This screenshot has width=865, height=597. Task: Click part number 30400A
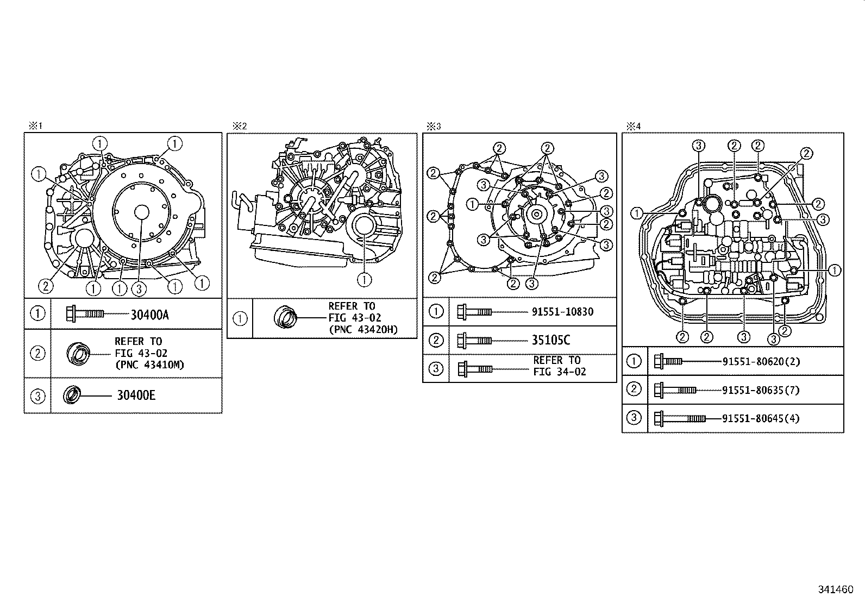tap(150, 315)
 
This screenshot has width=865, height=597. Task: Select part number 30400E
tap(136, 395)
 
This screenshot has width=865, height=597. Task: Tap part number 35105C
tap(551, 340)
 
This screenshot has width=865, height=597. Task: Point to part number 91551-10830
tap(562, 312)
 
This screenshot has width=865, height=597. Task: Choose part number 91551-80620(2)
tap(761, 362)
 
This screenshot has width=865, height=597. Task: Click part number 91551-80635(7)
tap(761, 391)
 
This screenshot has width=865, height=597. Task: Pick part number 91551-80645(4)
tap(761, 419)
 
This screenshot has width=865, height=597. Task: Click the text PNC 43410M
tap(150, 365)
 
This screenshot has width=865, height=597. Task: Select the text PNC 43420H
tap(363, 330)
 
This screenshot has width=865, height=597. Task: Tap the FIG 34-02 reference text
tap(560, 372)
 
